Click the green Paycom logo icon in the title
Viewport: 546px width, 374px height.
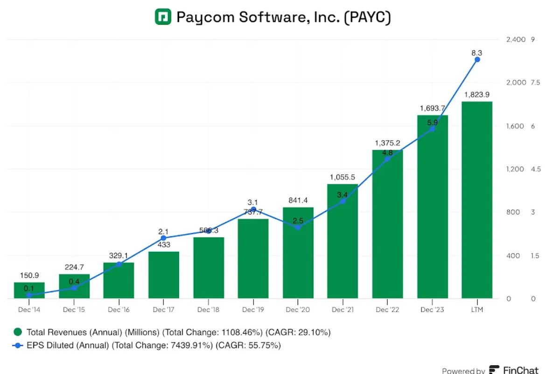click(163, 17)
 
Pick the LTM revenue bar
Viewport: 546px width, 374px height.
click(477, 201)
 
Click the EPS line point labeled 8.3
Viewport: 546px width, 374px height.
click(477, 59)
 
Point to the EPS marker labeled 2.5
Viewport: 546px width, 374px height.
click(298, 227)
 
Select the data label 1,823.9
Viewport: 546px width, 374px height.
click(476, 95)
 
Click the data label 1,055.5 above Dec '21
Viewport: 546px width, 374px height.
click(343, 177)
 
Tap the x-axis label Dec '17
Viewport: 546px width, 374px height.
click(163, 310)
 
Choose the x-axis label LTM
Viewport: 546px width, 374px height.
click(477, 310)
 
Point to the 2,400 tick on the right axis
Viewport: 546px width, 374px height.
click(516, 40)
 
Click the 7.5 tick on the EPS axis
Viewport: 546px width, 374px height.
click(535, 83)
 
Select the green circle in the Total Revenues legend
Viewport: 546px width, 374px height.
click(18, 332)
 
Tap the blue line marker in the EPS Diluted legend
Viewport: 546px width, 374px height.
click(18, 346)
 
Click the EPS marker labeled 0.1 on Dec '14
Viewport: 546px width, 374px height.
click(29, 295)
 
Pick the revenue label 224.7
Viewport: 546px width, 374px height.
click(74, 267)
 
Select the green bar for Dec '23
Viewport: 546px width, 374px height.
click(432, 210)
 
